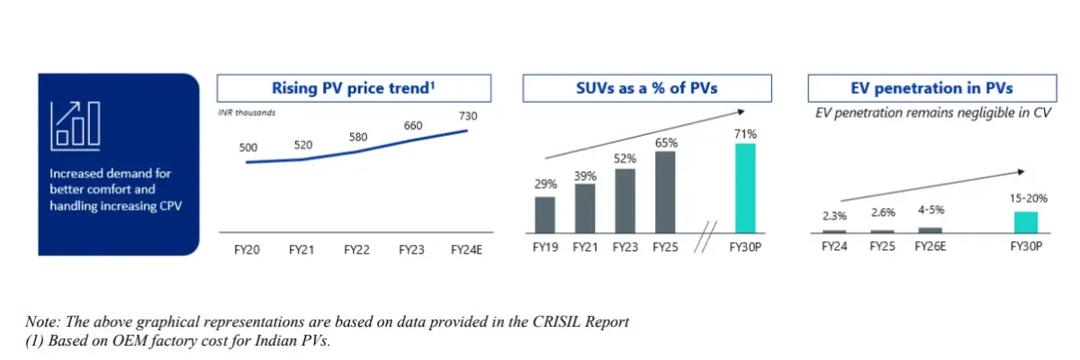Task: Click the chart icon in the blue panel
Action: [x=75, y=123]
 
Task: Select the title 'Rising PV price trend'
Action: [x=354, y=88]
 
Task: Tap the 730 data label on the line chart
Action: [x=467, y=116]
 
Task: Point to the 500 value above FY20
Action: [x=248, y=147]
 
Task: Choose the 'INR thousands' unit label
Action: [x=247, y=112]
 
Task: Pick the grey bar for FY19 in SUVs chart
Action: [x=544, y=214]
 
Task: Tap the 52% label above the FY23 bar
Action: [x=625, y=158]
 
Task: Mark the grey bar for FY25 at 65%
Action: [x=665, y=191]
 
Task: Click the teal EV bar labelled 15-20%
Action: [x=1026, y=222]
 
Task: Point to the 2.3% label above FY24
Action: [x=834, y=216]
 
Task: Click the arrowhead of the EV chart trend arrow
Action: [x=1021, y=171]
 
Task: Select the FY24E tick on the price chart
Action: [x=467, y=249]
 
